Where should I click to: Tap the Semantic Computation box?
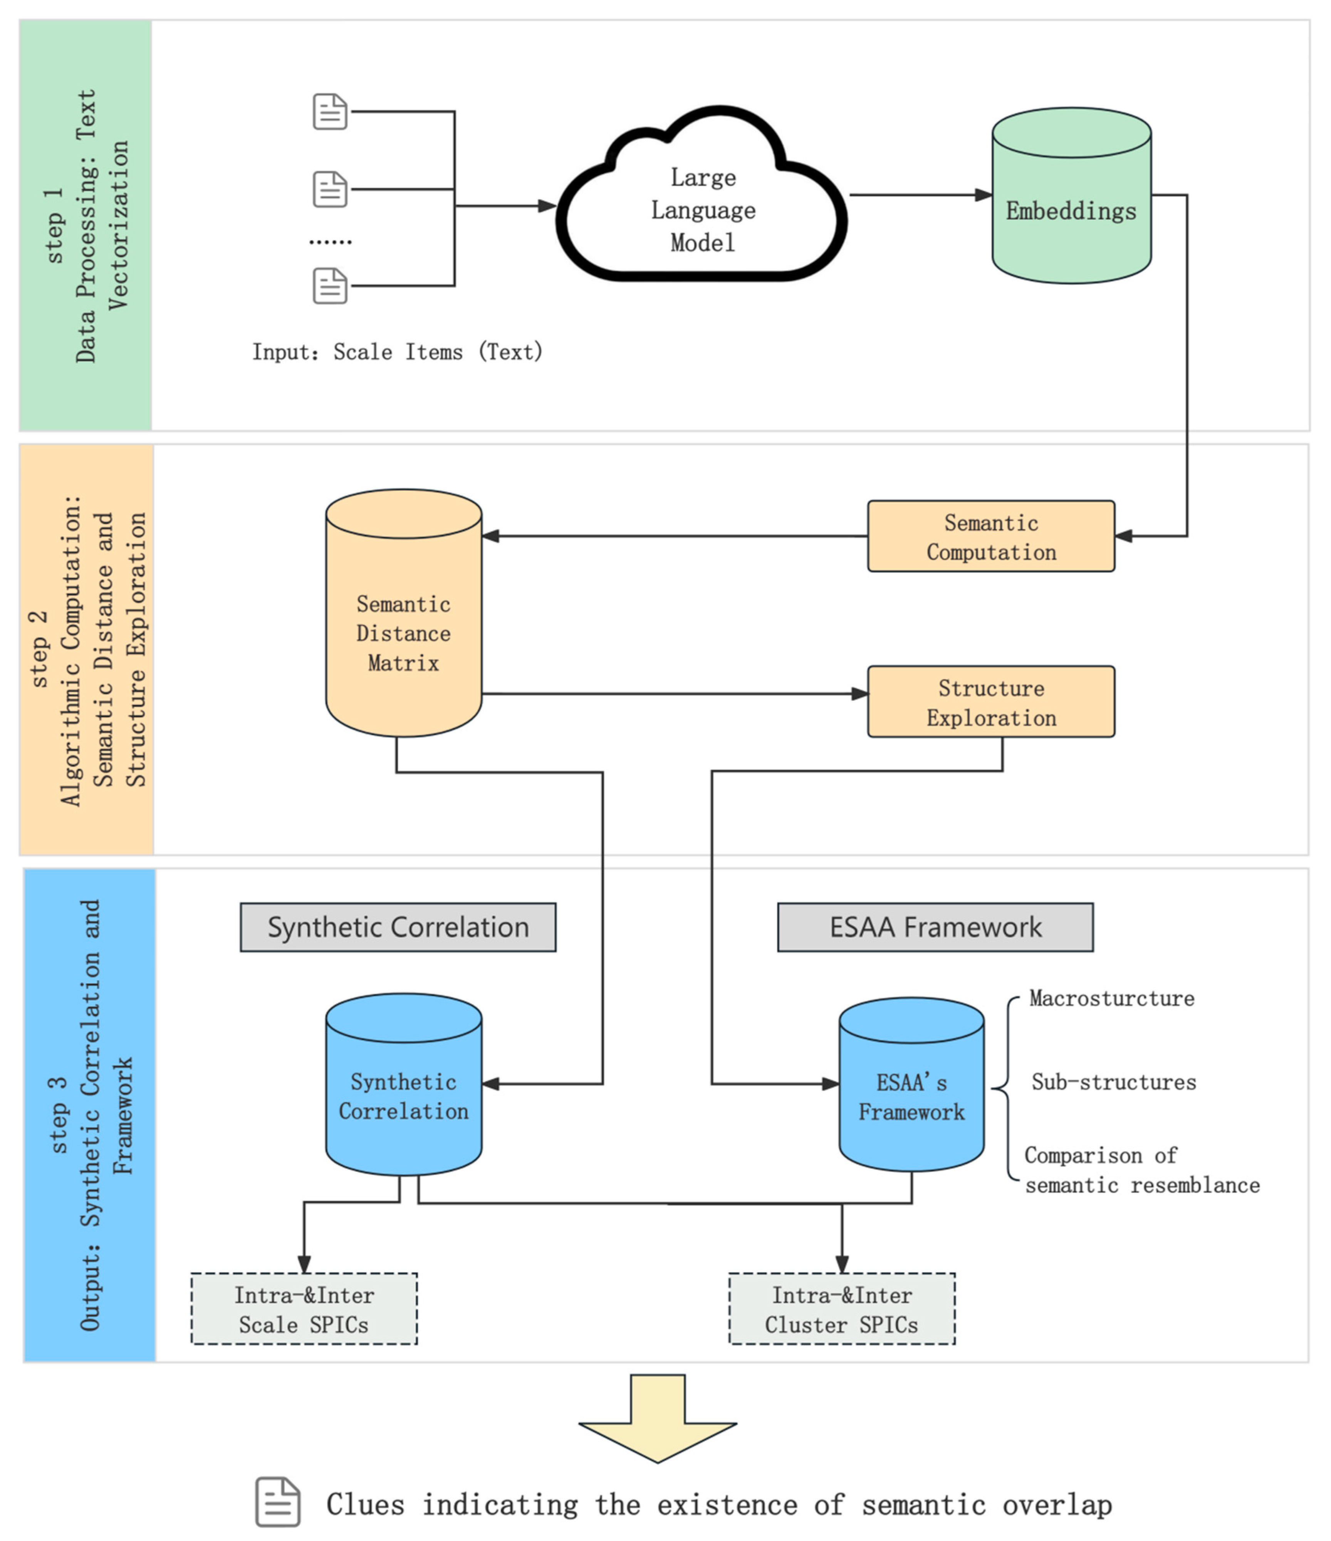(990, 536)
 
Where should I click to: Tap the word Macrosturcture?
(1111, 998)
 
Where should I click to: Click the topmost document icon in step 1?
(330, 112)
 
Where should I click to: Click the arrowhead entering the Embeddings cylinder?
(983, 195)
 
